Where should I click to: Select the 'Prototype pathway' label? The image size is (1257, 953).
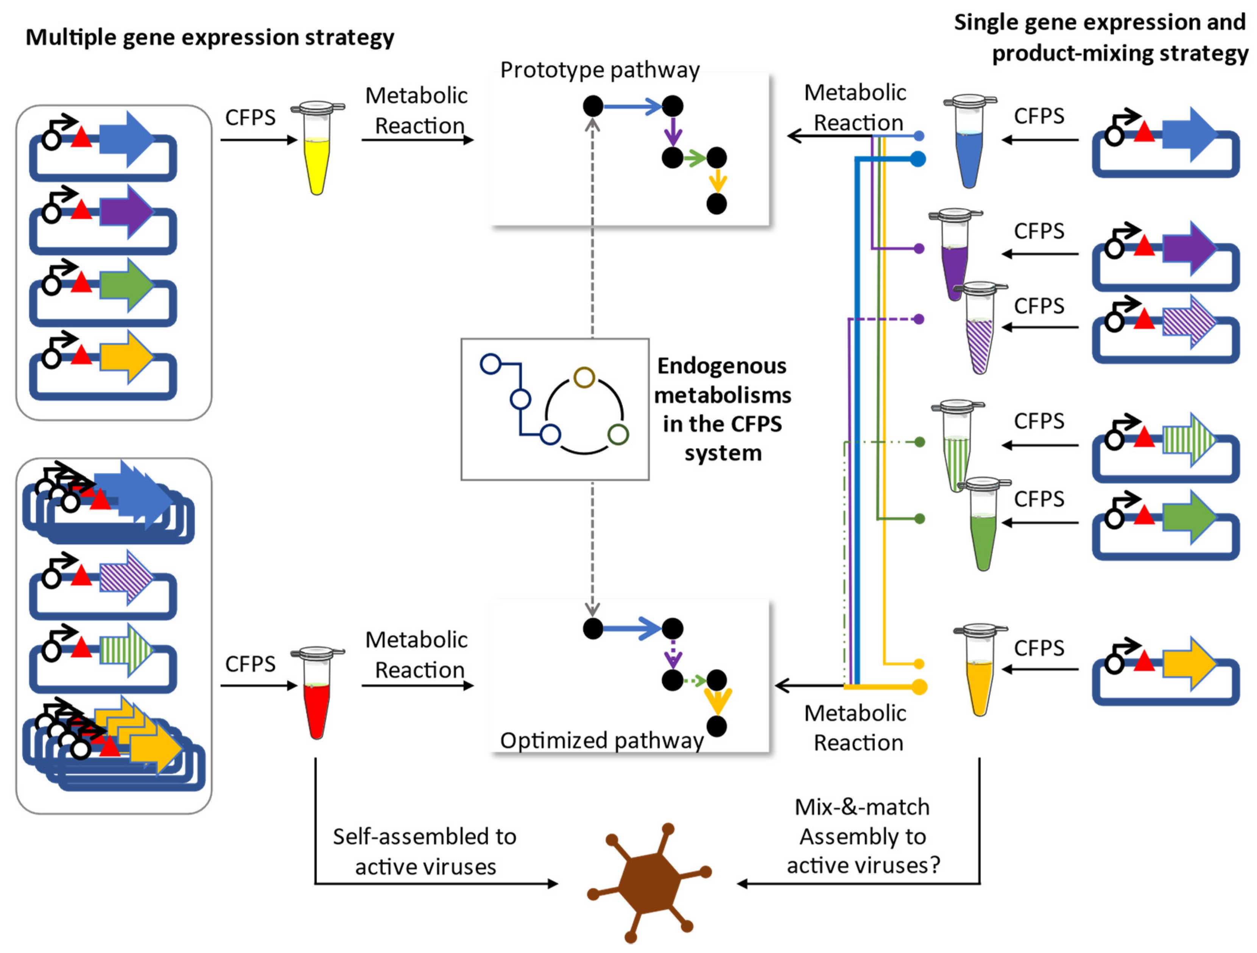click(600, 70)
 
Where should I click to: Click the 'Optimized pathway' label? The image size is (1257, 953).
click(601, 740)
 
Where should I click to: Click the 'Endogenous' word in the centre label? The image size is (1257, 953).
click(722, 366)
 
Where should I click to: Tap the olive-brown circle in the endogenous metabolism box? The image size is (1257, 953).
click(584, 377)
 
